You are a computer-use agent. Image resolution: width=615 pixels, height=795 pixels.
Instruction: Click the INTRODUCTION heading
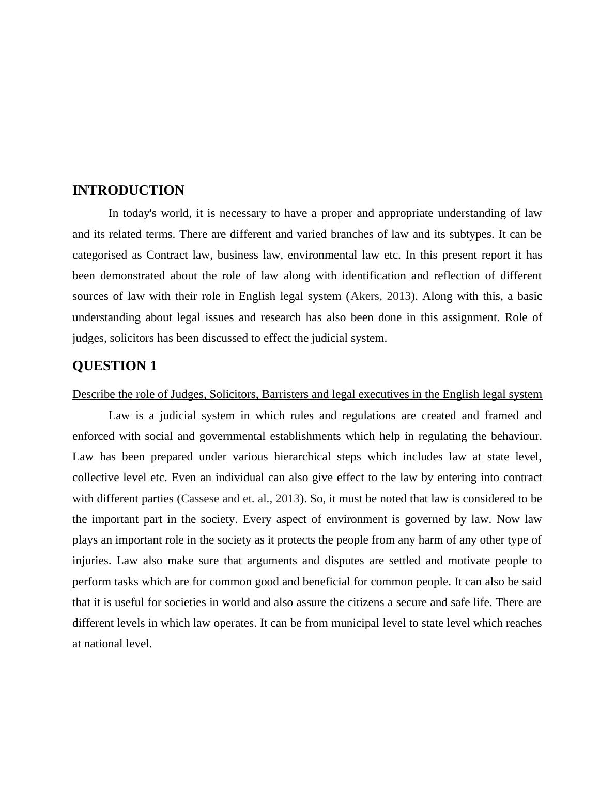click(128, 190)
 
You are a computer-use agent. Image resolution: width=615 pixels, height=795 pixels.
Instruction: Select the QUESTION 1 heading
click(114, 366)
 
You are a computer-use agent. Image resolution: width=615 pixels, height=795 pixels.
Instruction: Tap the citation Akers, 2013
click(381, 296)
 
